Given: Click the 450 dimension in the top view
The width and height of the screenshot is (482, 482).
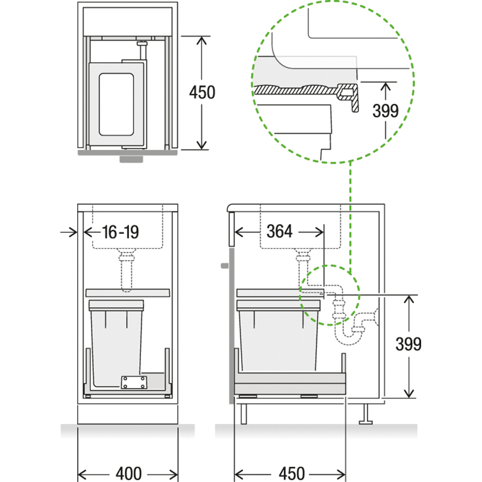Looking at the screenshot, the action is coord(202,92).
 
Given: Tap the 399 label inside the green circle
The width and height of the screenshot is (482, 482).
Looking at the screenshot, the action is coord(386,111).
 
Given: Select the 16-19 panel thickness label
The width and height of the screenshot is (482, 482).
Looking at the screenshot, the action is coord(120,232).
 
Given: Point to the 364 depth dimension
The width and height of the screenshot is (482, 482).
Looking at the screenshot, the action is coord(280,231).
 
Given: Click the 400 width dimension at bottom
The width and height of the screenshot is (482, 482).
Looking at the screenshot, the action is coord(129,474).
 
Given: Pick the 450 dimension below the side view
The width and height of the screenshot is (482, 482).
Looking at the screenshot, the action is coord(292,474).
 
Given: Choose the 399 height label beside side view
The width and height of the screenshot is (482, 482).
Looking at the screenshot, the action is coord(408,344).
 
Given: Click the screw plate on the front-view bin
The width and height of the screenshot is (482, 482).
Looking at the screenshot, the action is coord(134,383).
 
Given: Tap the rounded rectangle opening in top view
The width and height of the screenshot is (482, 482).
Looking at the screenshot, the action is coord(116,104).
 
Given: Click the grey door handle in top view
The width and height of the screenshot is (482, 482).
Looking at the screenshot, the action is coord(131,158).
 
